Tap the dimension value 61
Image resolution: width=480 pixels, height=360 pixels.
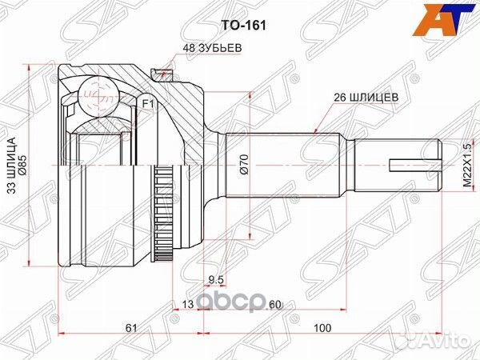click(x=130, y=329)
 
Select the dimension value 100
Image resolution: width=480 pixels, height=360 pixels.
click(x=322, y=329)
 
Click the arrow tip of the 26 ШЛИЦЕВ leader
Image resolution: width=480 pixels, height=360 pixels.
click(x=317, y=130)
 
